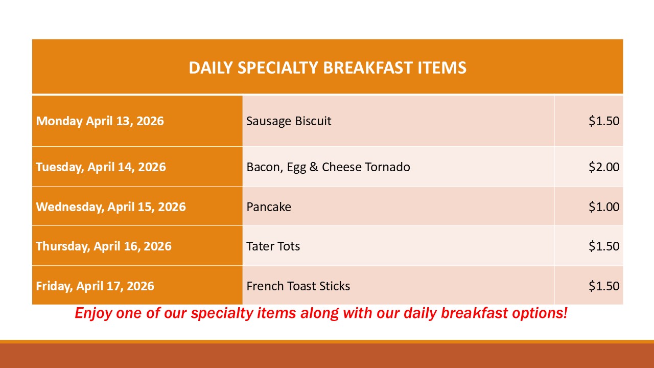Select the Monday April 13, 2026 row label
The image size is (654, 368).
click(x=100, y=121)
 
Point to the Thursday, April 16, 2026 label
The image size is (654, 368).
click(x=104, y=246)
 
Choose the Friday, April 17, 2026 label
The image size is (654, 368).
click(x=95, y=286)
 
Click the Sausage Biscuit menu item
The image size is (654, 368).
click(x=289, y=121)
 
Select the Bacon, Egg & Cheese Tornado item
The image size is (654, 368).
click(x=328, y=167)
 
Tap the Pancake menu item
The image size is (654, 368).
click(x=269, y=207)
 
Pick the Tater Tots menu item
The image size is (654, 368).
click(x=273, y=246)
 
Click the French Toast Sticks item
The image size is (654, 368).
click(x=298, y=286)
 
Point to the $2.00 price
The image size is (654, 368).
click(x=604, y=167)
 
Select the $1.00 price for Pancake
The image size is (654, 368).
click(x=604, y=207)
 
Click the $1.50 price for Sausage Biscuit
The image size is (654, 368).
click(x=604, y=121)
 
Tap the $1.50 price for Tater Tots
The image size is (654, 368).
click(x=604, y=246)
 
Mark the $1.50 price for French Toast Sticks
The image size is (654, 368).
click(x=604, y=286)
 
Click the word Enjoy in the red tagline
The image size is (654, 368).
click(x=94, y=313)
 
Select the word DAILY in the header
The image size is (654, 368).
click(x=211, y=68)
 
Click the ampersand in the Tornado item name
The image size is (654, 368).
click(x=314, y=167)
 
